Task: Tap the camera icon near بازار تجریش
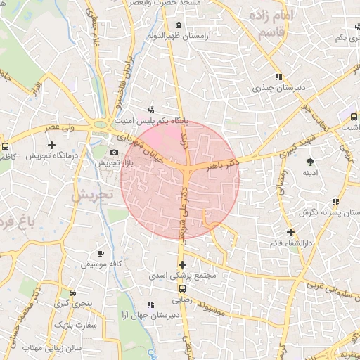[114, 152]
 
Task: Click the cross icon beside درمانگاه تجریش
[51, 145]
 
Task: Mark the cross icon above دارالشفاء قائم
[290, 233]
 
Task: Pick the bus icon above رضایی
[183, 288]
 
